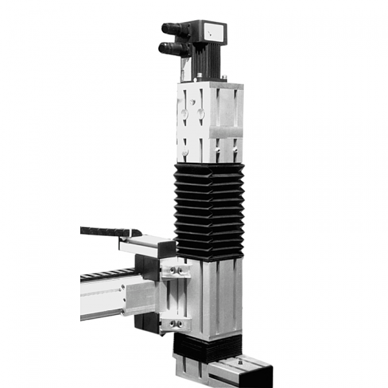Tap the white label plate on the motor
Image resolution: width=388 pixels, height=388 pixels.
213,30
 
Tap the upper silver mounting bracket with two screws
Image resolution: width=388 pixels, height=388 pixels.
176,269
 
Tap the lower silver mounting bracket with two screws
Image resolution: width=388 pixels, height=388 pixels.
176,323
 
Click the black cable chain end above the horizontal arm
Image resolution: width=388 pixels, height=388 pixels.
107,231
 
